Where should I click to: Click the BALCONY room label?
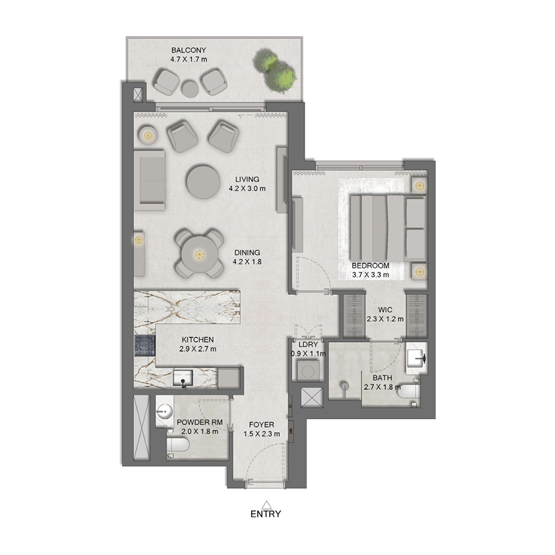point(189,51)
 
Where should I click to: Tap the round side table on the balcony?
point(189,87)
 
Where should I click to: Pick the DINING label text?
point(247,253)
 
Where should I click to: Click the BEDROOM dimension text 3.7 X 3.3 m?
point(370,275)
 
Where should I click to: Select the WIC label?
point(386,310)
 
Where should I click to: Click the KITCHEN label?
point(198,340)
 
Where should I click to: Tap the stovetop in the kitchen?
point(144,345)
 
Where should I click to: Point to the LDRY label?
point(307,345)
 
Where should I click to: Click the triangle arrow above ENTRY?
point(266,504)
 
